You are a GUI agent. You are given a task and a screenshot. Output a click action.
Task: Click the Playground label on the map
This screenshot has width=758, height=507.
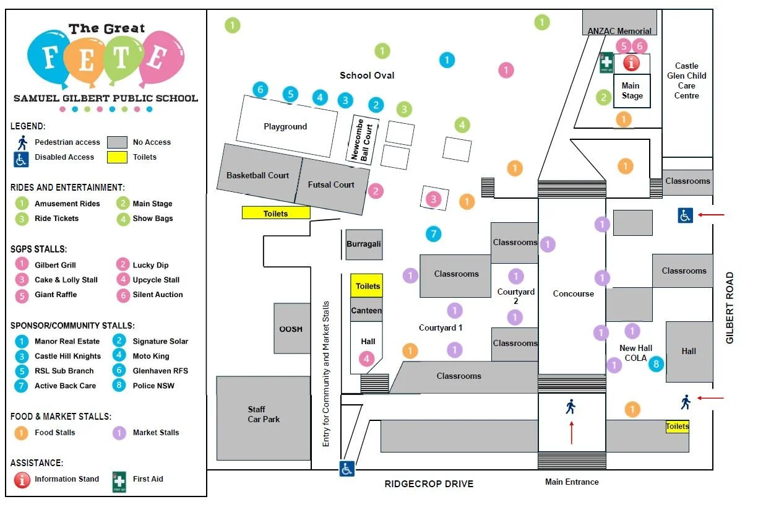point(285,126)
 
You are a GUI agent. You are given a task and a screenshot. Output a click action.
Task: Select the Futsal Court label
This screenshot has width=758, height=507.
point(331,184)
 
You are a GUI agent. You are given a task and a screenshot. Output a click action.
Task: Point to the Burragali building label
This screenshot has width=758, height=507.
point(363,244)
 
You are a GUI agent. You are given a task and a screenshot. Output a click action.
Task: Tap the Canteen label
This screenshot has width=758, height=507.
point(366,310)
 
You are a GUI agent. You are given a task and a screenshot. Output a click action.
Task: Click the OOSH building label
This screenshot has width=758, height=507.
point(291,329)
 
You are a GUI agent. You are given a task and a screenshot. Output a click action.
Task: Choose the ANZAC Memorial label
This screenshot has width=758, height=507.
point(619,31)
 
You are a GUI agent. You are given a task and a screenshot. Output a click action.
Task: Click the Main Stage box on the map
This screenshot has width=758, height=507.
point(632,91)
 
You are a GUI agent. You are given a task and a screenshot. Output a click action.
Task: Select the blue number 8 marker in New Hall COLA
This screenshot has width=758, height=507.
point(656,364)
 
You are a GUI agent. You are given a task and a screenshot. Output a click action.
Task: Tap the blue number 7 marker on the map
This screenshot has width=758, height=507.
point(434,234)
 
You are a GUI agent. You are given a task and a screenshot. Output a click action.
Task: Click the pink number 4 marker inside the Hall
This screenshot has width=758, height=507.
point(367,358)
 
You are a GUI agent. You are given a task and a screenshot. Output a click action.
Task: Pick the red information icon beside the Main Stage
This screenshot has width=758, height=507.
point(631,63)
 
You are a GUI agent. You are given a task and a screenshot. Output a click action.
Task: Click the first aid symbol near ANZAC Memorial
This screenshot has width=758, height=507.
point(606,62)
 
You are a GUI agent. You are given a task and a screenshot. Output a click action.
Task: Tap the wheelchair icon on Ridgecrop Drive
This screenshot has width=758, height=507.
point(347,469)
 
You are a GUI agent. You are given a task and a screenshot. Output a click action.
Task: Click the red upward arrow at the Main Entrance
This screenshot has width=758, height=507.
point(571,432)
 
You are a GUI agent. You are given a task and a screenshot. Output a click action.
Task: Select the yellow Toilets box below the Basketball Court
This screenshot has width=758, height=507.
point(275,213)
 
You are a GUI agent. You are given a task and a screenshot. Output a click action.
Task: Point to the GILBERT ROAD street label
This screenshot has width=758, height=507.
point(730,308)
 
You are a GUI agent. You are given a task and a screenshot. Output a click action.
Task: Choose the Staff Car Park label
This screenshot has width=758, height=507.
point(264,414)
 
